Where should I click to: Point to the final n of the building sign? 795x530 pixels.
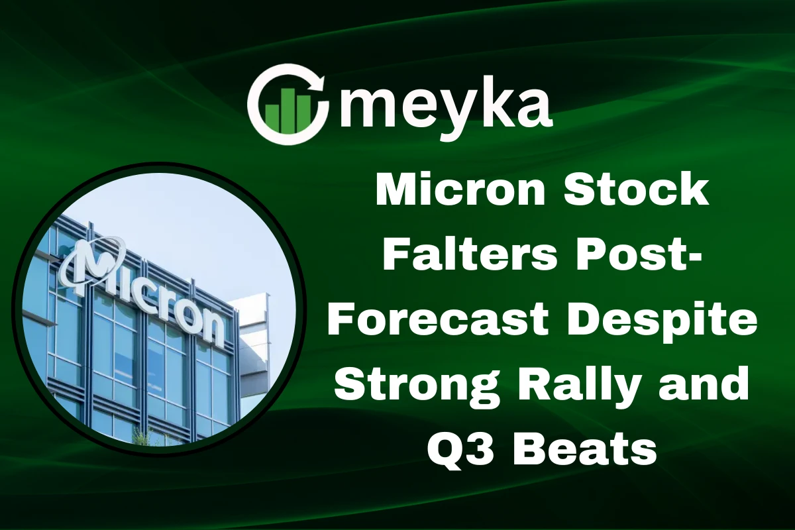213,327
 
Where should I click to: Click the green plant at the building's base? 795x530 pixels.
142,434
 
